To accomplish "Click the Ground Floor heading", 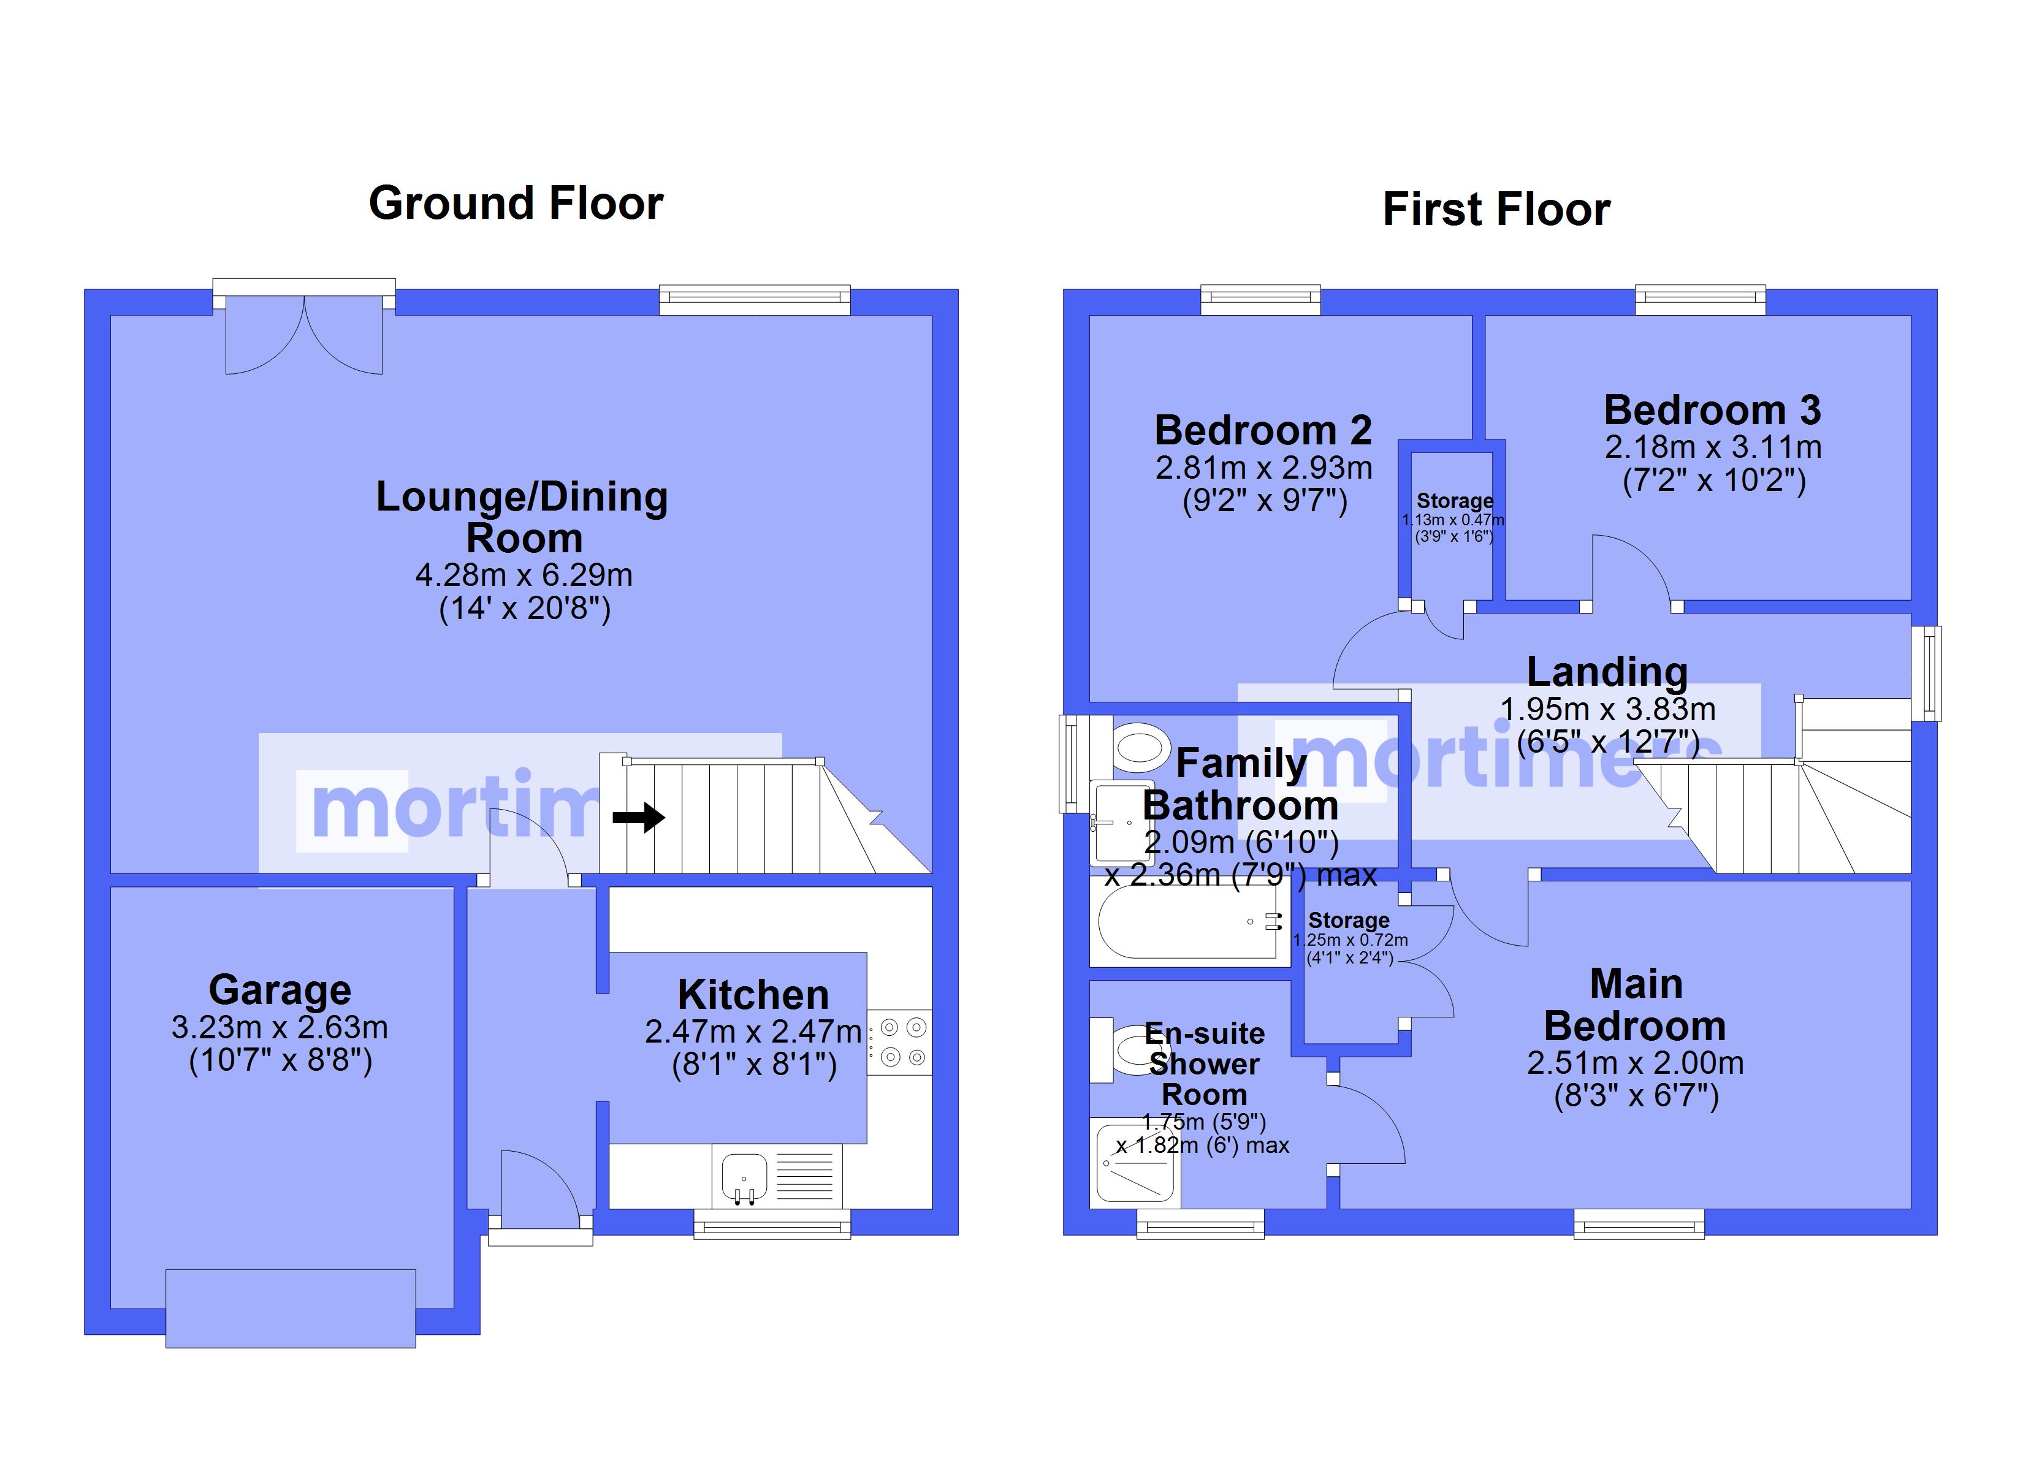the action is [x=516, y=203].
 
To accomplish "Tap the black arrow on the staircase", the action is [x=639, y=817].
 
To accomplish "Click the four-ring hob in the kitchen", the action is [x=900, y=1042].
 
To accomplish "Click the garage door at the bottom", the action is [x=291, y=1308].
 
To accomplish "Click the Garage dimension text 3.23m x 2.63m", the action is [x=280, y=1028].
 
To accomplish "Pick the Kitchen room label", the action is [x=753, y=995].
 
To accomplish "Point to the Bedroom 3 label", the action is [x=1713, y=410].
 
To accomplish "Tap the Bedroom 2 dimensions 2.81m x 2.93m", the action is [x=1264, y=468].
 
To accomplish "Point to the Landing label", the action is [x=1607, y=672].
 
